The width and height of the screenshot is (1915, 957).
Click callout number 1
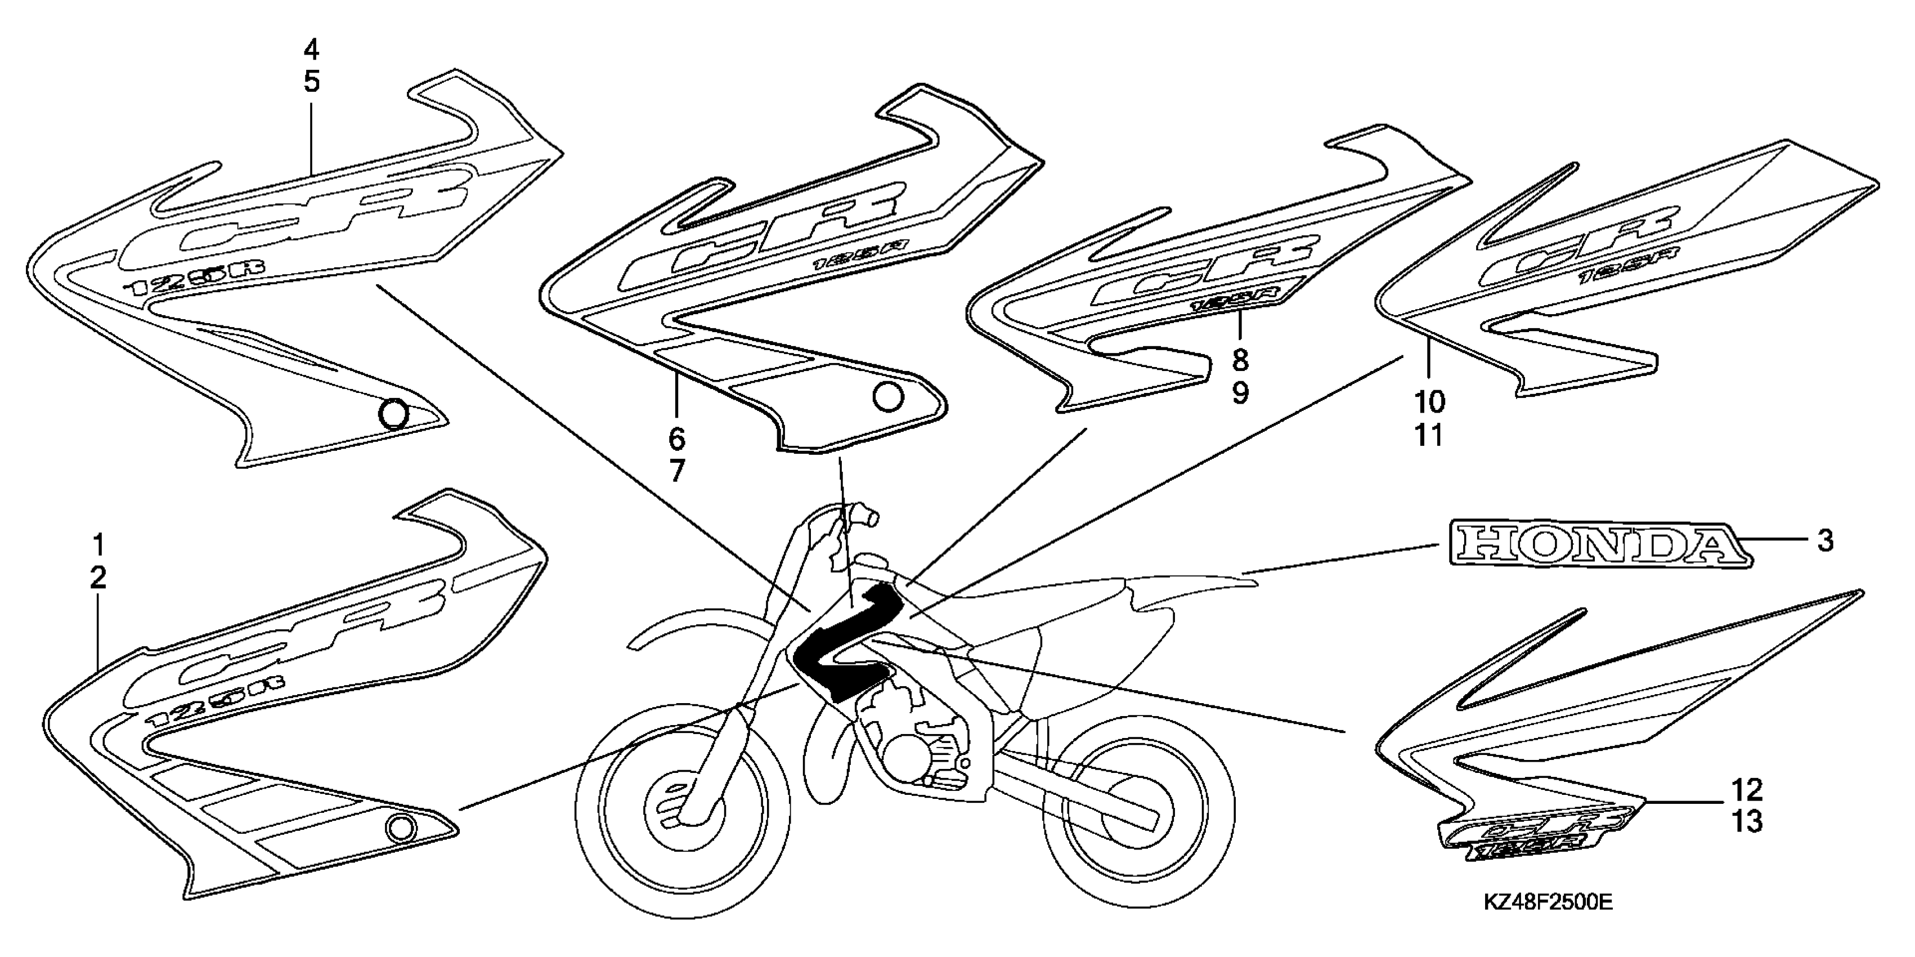point(98,546)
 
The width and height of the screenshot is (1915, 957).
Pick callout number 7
point(676,471)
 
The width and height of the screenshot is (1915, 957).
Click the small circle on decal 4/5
point(394,413)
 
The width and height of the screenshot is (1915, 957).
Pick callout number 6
point(676,439)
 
